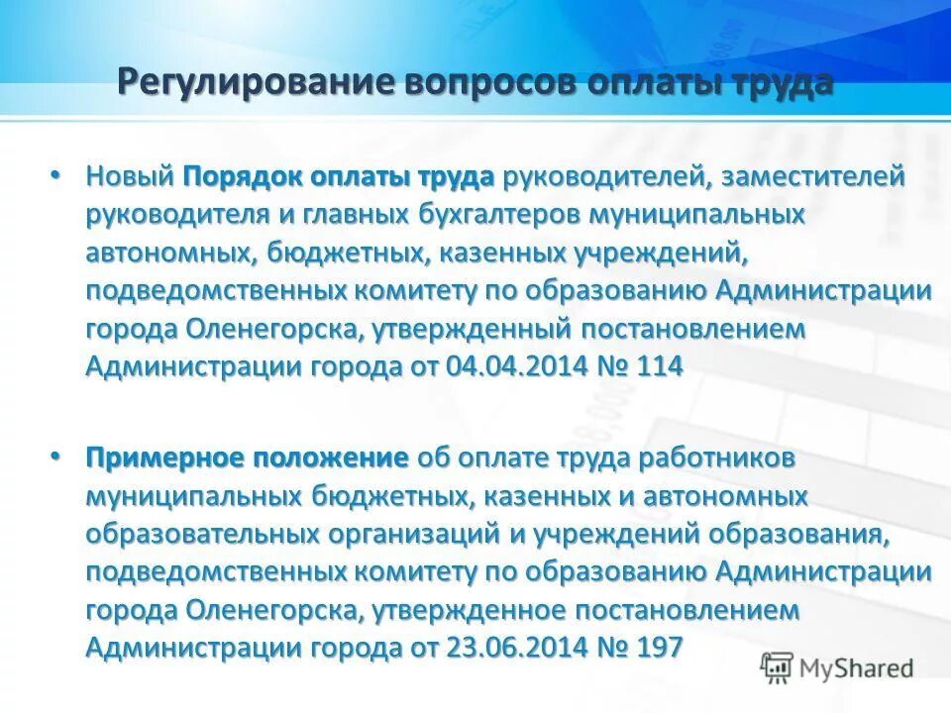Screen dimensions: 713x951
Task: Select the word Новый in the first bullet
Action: coord(129,177)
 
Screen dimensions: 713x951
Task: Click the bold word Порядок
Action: coord(242,177)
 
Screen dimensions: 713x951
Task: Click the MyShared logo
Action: coord(837,666)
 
